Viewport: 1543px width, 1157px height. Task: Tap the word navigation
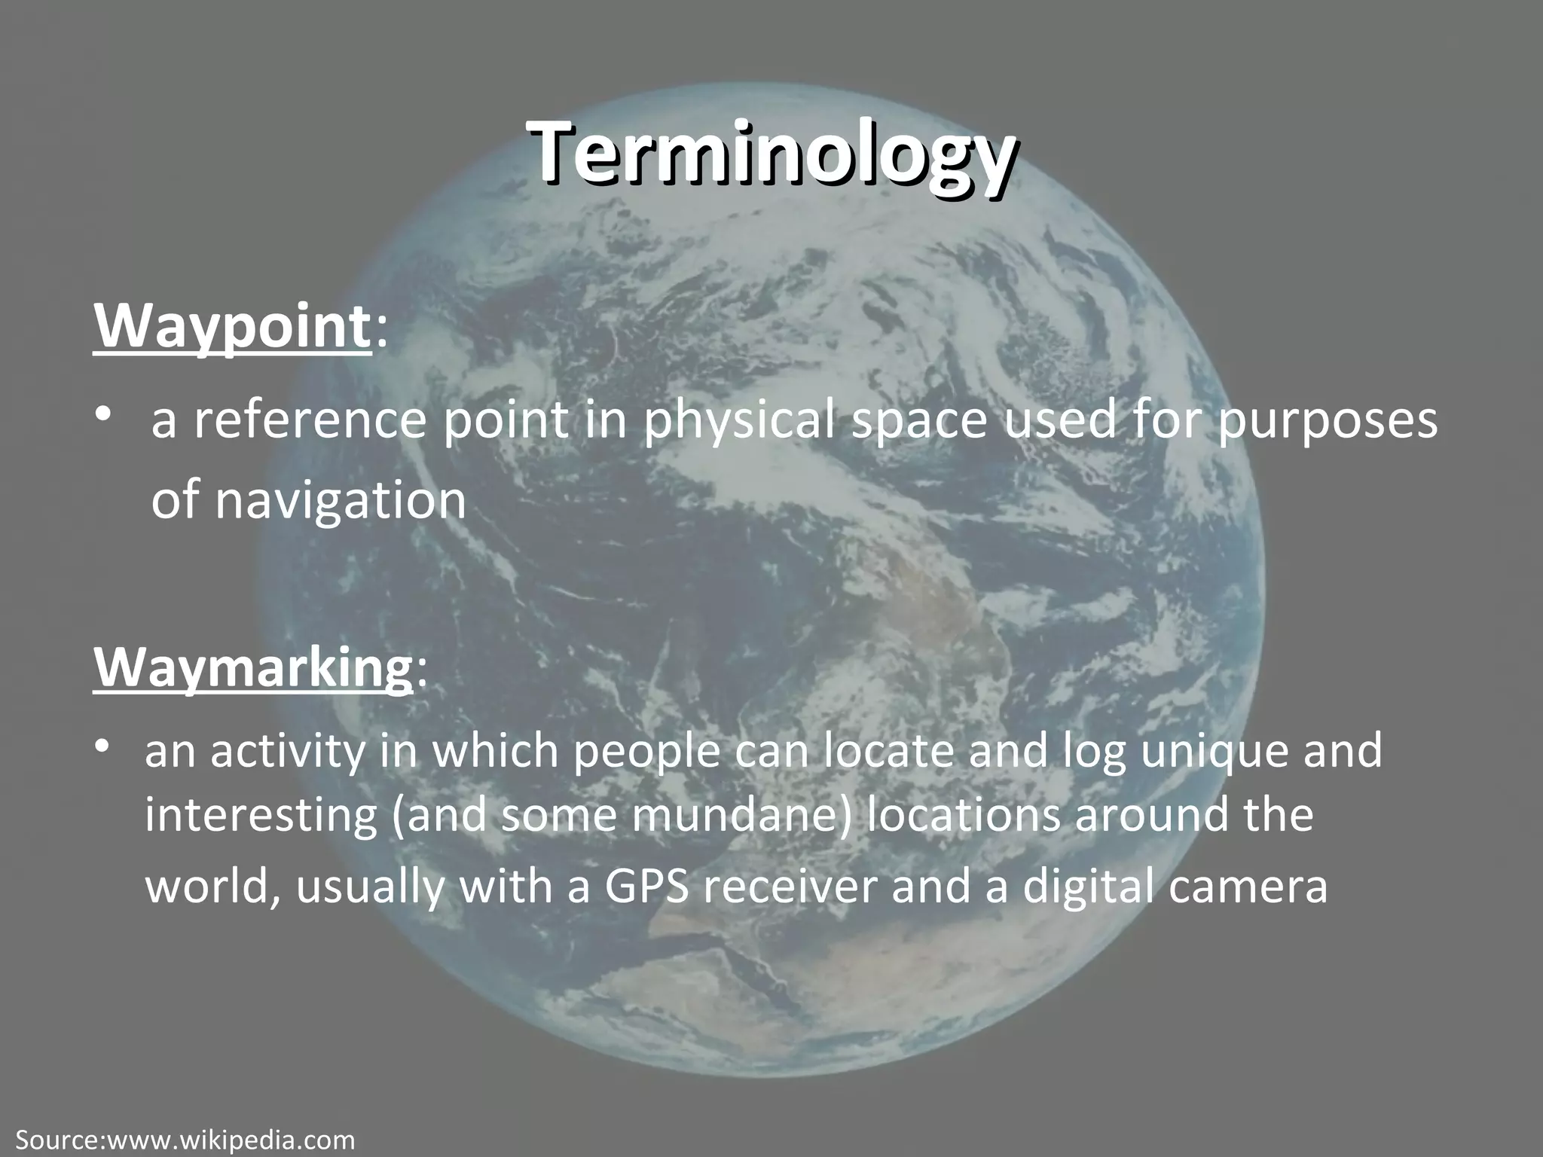tap(341, 499)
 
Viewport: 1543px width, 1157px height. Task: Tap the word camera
tap(1251, 887)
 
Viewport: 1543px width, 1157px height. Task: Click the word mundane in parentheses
tap(735, 816)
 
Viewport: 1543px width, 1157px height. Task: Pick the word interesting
tap(260, 816)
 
